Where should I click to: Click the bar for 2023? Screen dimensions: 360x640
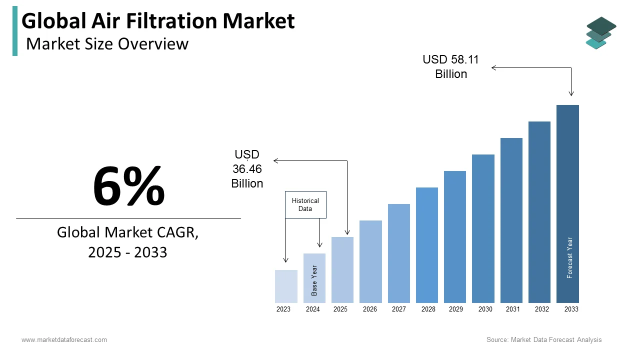coord(286,286)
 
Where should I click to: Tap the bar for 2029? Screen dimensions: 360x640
coord(455,237)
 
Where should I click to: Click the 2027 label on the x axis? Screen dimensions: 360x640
coord(399,309)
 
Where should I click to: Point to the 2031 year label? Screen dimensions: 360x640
coord(513,309)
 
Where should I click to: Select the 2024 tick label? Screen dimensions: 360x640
coord(313,309)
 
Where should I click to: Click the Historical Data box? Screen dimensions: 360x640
coord(305,204)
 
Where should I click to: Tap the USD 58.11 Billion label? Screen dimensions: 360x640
coord(451,66)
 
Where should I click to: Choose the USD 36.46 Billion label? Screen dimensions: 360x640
coord(247,169)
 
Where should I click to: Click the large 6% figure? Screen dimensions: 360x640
coord(128,186)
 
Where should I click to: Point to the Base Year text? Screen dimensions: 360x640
coord(314,280)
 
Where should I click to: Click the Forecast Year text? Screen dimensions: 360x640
coord(570,257)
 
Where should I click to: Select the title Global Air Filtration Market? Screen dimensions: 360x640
coord(158,21)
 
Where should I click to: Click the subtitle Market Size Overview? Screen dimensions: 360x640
coord(107,44)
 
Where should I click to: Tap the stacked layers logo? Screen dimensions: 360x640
coord(601,33)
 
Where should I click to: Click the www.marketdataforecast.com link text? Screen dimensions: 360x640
coord(64,340)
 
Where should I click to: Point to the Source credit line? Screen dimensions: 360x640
coord(544,340)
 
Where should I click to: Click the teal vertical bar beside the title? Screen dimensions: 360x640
coord(15,31)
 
